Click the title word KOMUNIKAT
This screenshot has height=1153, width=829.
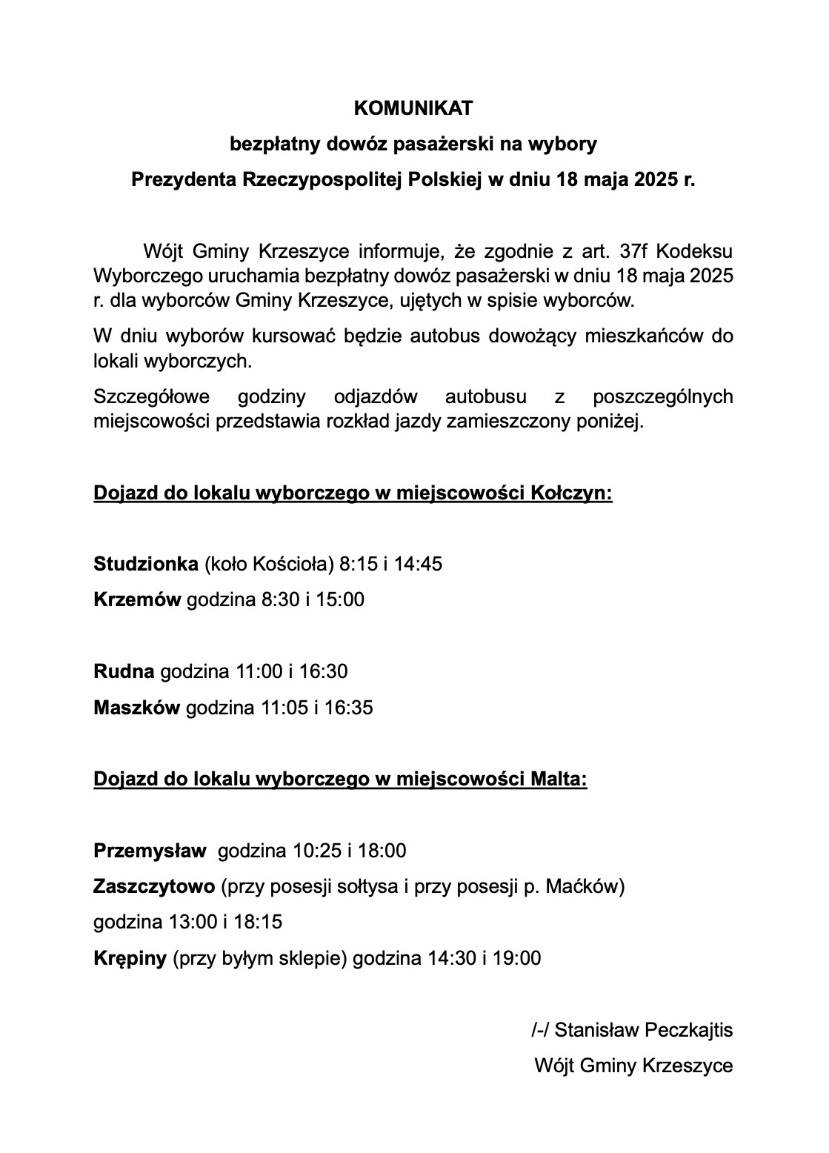[x=413, y=109]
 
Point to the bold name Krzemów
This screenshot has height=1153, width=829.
[x=137, y=599]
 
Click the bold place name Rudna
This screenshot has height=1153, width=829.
[x=124, y=671]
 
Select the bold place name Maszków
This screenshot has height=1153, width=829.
[x=136, y=708]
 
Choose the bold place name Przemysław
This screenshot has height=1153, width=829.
[x=150, y=851]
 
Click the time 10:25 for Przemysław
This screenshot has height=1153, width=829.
[x=316, y=851]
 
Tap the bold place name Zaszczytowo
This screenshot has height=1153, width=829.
[x=154, y=886]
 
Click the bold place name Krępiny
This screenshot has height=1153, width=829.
[x=130, y=958]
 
